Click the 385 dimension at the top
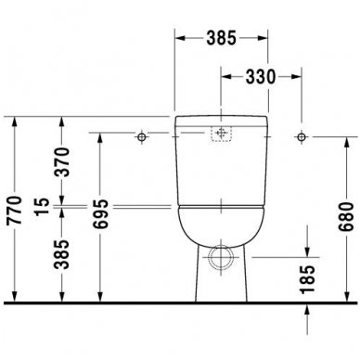[x=220, y=40]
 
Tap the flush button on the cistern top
[x=221, y=134]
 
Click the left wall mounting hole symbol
[x=141, y=137]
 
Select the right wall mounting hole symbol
[x=301, y=137]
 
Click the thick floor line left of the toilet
[x=93, y=302]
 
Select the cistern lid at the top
[x=221, y=122]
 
